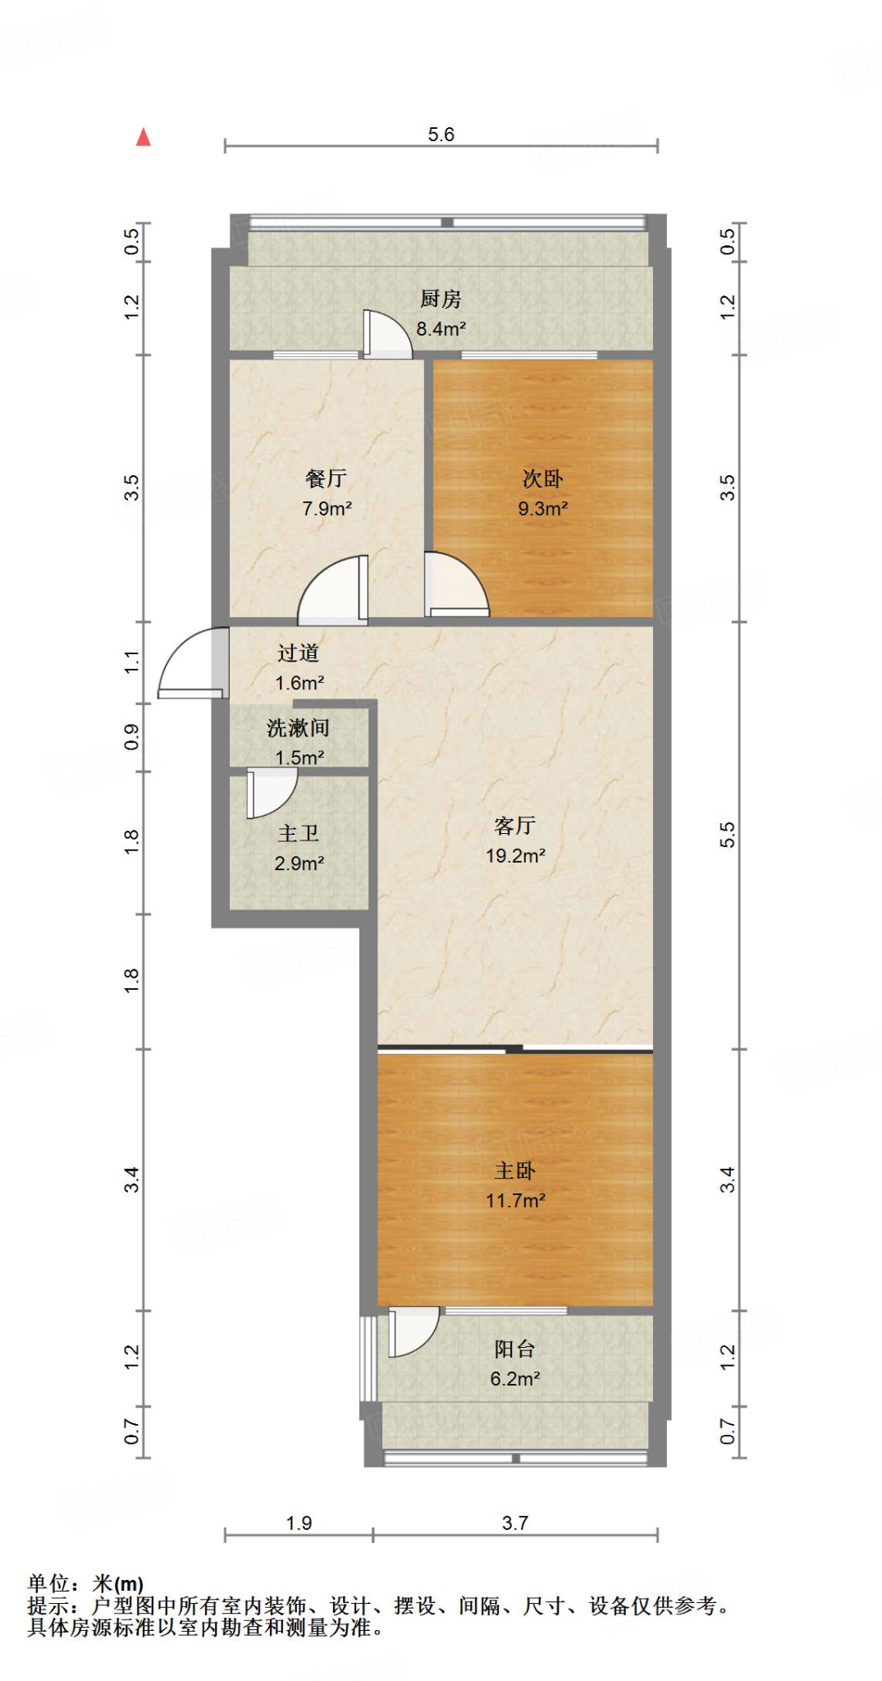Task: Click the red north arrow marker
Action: [144, 137]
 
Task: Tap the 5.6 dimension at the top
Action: [441, 135]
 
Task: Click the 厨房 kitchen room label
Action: [441, 299]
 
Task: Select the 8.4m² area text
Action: [441, 329]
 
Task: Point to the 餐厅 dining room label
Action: [326, 478]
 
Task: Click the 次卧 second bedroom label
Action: [542, 479]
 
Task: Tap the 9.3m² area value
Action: [542, 509]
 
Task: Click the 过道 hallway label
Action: [298, 653]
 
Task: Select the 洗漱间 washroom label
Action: [298, 728]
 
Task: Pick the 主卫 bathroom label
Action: [298, 834]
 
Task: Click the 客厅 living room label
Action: [514, 826]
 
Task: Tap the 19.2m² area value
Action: [514, 856]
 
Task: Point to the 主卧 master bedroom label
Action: [514, 1170]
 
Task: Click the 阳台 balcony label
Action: [514, 1349]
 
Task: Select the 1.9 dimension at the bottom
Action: [299, 1523]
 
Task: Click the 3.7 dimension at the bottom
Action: [514, 1523]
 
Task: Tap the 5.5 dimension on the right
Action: [727, 835]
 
